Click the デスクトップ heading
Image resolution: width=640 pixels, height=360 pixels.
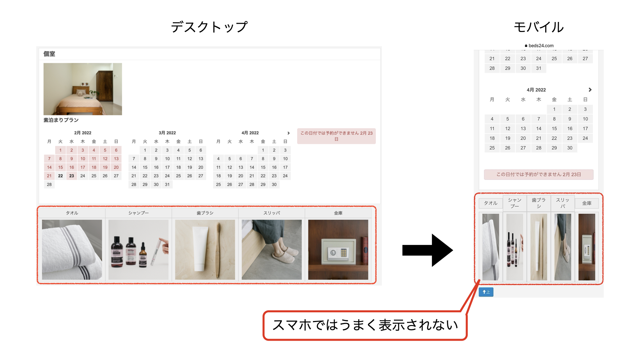click(x=209, y=27)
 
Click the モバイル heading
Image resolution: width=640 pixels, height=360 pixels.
click(x=539, y=27)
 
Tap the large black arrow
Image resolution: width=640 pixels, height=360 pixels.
click(x=428, y=250)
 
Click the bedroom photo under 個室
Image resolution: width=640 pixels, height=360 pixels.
click(x=83, y=89)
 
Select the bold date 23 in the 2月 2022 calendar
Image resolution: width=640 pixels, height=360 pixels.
click(x=72, y=176)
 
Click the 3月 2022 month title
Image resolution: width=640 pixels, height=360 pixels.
click(x=167, y=133)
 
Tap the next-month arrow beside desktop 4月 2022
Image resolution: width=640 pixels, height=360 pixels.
click(x=289, y=133)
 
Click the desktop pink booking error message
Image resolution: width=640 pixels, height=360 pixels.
click(x=336, y=136)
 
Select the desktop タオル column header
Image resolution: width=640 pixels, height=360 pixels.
click(x=72, y=213)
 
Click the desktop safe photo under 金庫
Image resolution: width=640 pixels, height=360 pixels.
click(x=338, y=249)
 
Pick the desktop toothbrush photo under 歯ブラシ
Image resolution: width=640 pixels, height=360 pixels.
click(x=205, y=249)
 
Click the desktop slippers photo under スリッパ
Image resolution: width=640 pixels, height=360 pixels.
click(x=272, y=249)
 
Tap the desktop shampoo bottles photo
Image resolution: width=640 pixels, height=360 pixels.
click(x=138, y=249)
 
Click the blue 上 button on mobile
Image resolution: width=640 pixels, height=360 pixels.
click(x=486, y=292)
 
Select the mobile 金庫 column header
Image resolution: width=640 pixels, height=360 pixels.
click(x=587, y=203)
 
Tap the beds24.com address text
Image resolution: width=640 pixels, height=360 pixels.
click(x=541, y=46)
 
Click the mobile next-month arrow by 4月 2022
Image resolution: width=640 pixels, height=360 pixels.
click(x=590, y=90)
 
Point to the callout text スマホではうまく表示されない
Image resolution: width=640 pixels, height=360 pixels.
click(x=365, y=325)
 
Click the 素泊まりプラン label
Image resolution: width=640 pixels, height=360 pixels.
click(x=61, y=120)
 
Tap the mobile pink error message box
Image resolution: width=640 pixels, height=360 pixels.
click(x=539, y=174)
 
